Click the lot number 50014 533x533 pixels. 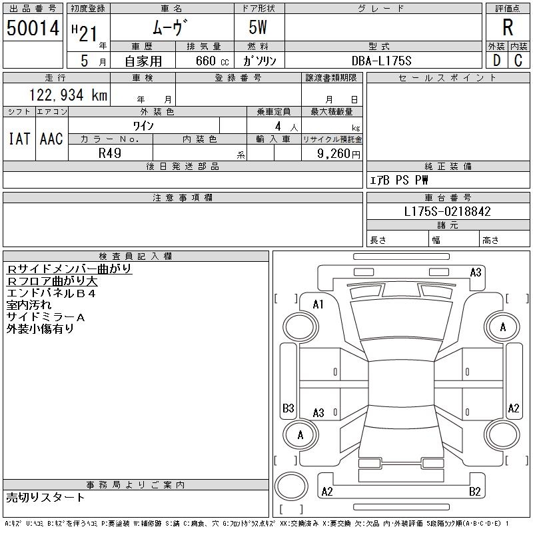pyautogui.click(x=33, y=28)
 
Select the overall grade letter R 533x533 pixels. pyautogui.click(x=508, y=28)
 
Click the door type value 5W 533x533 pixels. pyautogui.click(x=259, y=28)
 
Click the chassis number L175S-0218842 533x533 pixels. pyautogui.click(x=448, y=211)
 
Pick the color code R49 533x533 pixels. pyautogui.click(x=111, y=153)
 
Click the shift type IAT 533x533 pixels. pyautogui.click(x=19, y=139)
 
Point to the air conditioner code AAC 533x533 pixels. pyautogui.click(x=51, y=139)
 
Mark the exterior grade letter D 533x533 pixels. pyautogui.click(x=496, y=60)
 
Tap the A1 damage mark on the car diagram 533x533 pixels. pyautogui.click(x=318, y=304)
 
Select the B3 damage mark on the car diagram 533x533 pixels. pyautogui.click(x=288, y=408)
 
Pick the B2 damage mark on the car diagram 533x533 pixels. pyautogui.click(x=475, y=492)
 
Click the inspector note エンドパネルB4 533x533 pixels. pyautogui.click(x=51, y=293)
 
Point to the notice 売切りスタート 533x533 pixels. pyautogui.click(x=46, y=497)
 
